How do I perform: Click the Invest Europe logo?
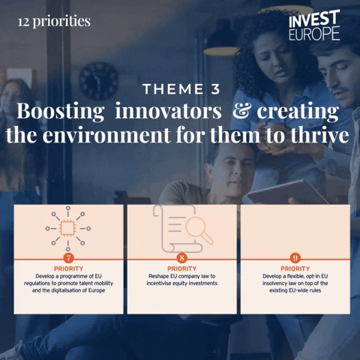point(313,25)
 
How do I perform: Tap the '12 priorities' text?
point(54,21)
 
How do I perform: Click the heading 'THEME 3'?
point(181,90)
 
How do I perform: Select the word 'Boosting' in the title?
point(59,113)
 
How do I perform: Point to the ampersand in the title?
point(241,113)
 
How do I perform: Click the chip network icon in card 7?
point(68,227)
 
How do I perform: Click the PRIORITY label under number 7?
point(68,268)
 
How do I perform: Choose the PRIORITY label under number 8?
point(182,268)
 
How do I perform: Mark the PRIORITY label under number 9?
point(295,268)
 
